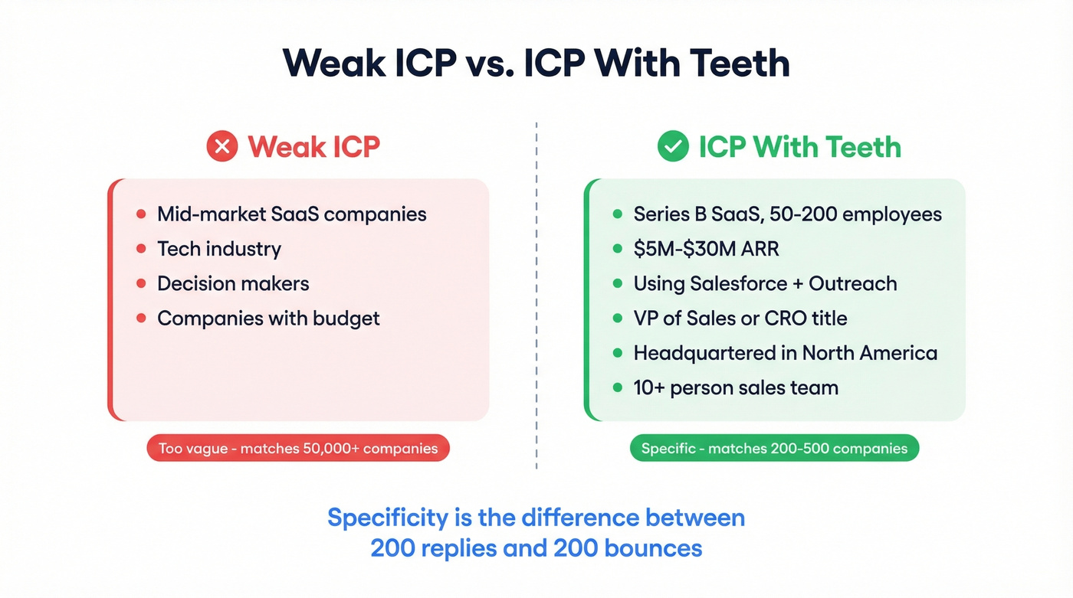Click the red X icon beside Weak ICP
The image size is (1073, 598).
pyautogui.click(x=222, y=146)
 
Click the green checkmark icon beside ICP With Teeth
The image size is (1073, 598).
pyautogui.click(x=673, y=146)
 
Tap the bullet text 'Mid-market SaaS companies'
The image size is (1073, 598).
pyautogui.click(x=291, y=214)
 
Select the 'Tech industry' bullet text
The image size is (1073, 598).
pyautogui.click(x=219, y=249)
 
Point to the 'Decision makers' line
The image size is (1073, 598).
pyautogui.click(x=233, y=283)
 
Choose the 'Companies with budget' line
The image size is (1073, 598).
pyautogui.click(x=268, y=318)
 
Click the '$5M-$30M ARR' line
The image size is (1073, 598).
pyautogui.click(x=706, y=249)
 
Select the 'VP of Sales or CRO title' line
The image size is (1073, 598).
pyautogui.click(x=740, y=318)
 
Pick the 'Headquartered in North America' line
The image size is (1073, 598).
pyautogui.click(x=785, y=353)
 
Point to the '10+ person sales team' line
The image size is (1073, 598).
pyautogui.click(x=735, y=387)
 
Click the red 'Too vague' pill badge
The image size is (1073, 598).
pyautogui.click(x=298, y=449)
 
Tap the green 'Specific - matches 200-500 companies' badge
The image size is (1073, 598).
pyautogui.click(x=774, y=449)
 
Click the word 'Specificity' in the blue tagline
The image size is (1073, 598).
pyautogui.click(x=387, y=518)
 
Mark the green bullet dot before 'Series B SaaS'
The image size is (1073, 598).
pyautogui.click(x=617, y=214)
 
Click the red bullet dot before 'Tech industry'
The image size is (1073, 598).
pyautogui.click(x=140, y=249)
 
